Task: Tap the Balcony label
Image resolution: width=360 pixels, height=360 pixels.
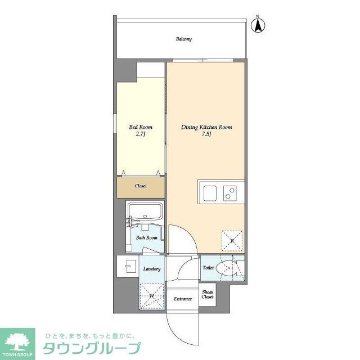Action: click(x=183, y=39)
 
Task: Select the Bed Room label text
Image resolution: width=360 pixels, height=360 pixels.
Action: click(x=141, y=127)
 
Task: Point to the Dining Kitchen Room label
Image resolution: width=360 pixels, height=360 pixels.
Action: click(x=206, y=127)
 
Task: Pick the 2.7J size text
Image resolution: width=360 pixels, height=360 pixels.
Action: click(x=141, y=135)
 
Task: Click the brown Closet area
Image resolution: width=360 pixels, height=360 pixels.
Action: click(x=141, y=187)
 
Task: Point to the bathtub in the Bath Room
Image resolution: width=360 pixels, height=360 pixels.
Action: click(x=145, y=214)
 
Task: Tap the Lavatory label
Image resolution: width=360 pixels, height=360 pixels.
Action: click(x=152, y=269)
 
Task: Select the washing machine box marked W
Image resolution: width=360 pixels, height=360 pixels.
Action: click(x=151, y=295)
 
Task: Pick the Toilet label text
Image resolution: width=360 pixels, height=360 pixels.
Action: click(x=208, y=268)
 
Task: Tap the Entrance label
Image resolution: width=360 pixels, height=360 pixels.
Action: click(x=183, y=299)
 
